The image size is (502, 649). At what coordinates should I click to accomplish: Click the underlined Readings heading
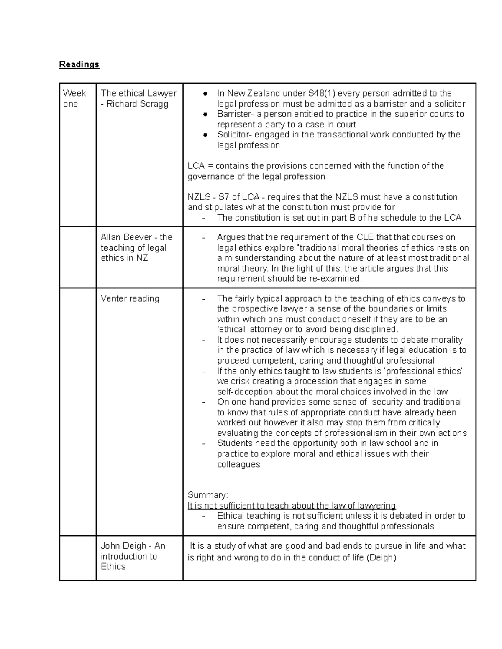point(79,64)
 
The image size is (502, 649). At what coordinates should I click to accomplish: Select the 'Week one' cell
point(74,98)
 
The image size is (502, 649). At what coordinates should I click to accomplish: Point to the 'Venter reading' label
point(130,298)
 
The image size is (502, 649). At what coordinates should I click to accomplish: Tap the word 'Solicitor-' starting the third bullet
point(235,135)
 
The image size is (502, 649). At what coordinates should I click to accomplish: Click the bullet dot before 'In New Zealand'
point(205,94)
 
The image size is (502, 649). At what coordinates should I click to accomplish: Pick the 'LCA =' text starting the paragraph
point(200,166)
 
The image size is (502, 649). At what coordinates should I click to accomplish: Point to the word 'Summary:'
point(207,495)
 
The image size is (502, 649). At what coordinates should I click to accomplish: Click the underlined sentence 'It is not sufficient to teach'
point(291,506)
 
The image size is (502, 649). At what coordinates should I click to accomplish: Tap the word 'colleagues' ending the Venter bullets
point(238,464)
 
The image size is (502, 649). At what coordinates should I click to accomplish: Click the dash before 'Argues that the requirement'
point(204,238)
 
